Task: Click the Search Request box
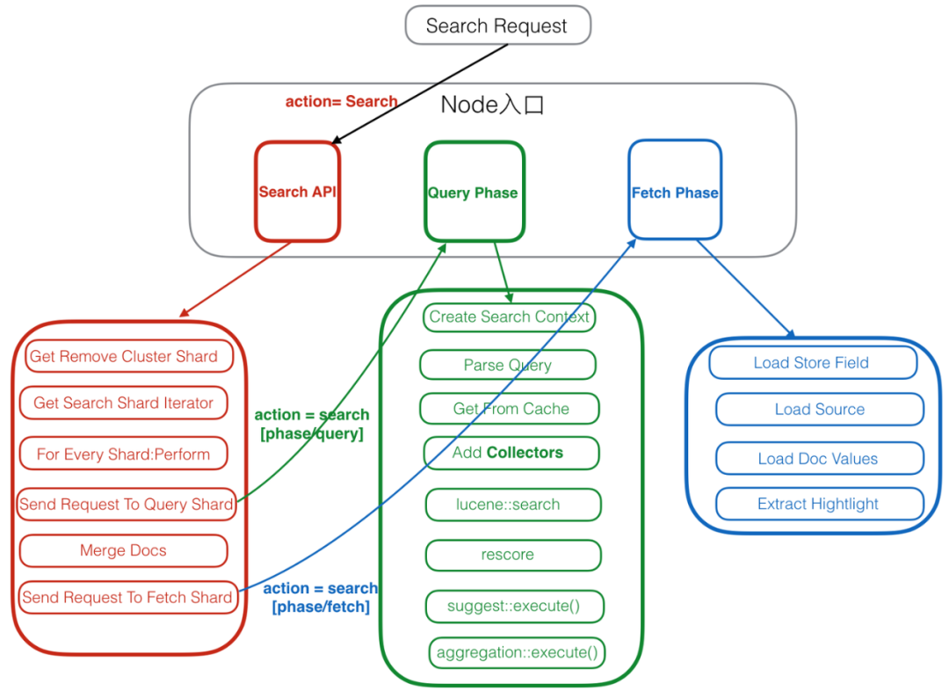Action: click(497, 25)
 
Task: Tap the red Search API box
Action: click(297, 192)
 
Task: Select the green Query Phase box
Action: click(474, 192)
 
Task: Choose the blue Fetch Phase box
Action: click(675, 192)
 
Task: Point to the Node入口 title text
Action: click(492, 105)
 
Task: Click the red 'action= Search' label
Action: click(341, 101)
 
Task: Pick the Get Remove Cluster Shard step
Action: click(124, 356)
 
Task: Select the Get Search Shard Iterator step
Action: click(124, 403)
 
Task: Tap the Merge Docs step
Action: click(123, 550)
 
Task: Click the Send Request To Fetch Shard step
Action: click(127, 597)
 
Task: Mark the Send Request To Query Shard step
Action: click(127, 504)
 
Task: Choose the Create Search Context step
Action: click(510, 316)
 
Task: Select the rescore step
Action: click(512, 555)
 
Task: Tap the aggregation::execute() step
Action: click(517, 652)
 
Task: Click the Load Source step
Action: click(819, 409)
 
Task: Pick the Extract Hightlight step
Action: click(819, 504)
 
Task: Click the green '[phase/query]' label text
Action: click(311, 433)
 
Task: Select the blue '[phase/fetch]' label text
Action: click(321, 607)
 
